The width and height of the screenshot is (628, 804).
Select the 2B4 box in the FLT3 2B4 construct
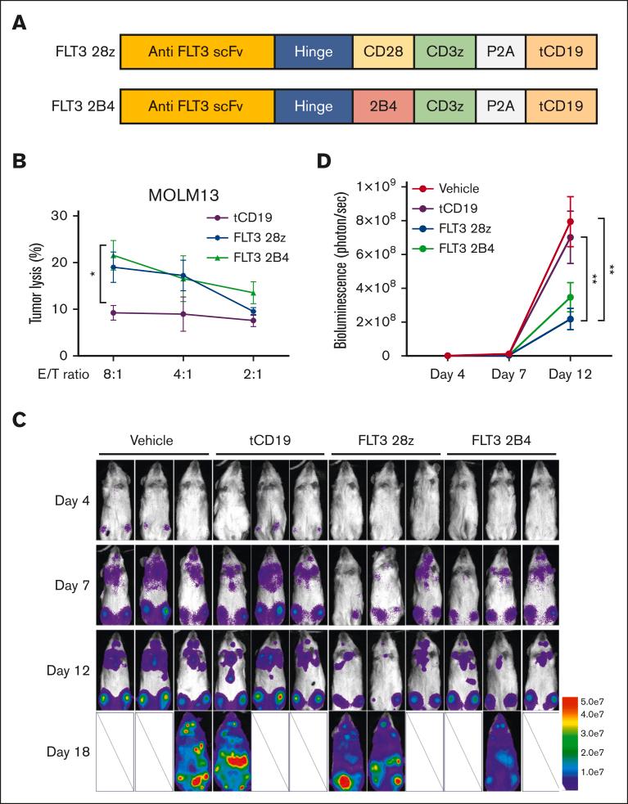coord(383,106)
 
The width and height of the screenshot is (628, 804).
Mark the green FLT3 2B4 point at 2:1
coord(254,293)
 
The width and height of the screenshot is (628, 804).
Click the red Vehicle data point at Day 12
coord(570,222)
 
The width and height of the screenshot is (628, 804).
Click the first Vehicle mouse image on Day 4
coord(115,498)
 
